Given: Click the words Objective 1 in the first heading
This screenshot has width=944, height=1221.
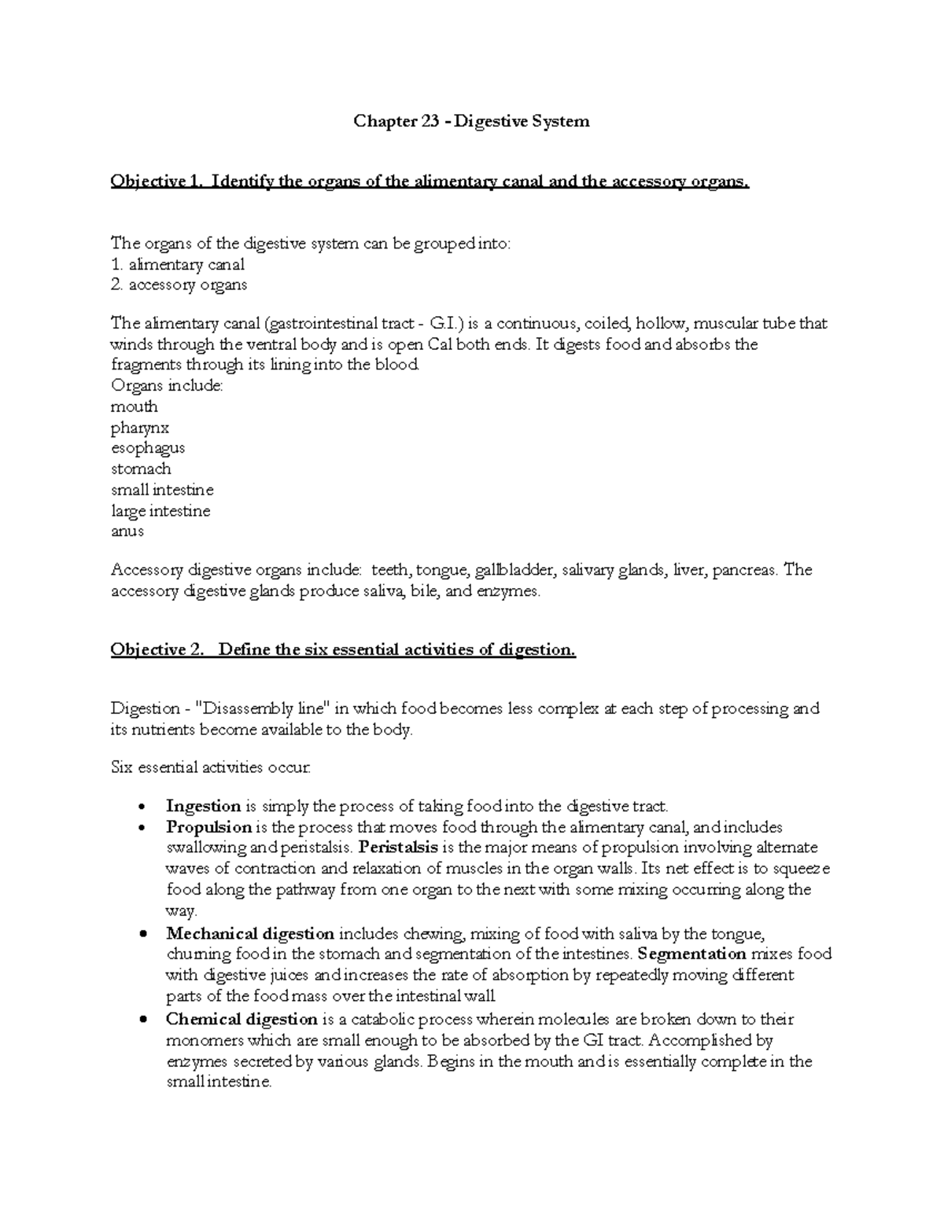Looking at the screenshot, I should click(x=155, y=182).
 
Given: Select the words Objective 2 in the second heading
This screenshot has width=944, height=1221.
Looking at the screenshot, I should click(x=156, y=650).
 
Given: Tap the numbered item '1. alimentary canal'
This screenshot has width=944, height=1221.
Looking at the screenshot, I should click(x=178, y=265).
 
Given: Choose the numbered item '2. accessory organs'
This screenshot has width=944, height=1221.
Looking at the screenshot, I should click(x=179, y=285).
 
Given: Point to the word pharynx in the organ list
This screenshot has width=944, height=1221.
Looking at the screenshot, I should click(x=140, y=428).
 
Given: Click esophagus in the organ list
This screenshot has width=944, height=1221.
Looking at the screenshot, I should click(x=148, y=448).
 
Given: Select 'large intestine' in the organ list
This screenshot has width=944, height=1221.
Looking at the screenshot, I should click(x=160, y=511).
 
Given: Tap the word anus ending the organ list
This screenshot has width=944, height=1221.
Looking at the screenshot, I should click(x=127, y=531).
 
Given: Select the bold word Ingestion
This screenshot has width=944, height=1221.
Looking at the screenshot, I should click(x=203, y=806).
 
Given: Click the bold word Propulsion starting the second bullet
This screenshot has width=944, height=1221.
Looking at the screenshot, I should click(x=208, y=827).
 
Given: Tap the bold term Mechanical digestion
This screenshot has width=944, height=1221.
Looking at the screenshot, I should click(x=250, y=934).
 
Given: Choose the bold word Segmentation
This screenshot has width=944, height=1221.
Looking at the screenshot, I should click(x=692, y=954).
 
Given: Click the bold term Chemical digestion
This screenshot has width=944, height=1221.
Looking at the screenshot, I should click(x=241, y=1020).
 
